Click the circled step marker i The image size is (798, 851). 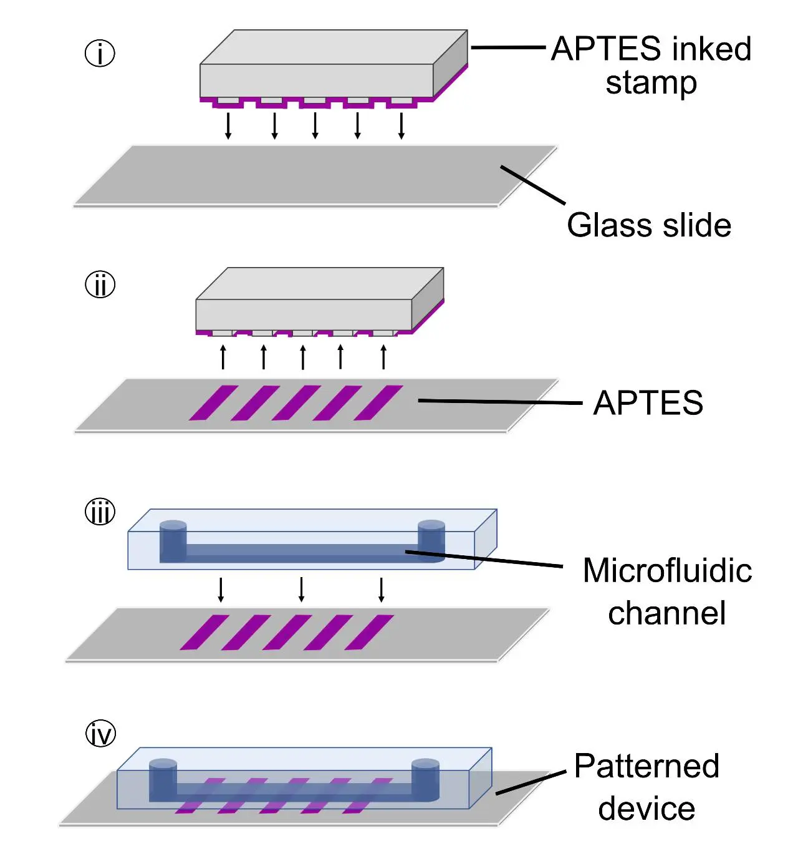click(x=100, y=53)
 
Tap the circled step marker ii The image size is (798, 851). click(x=100, y=284)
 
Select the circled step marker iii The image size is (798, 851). click(x=100, y=512)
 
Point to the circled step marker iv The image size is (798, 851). click(x=100, y=734)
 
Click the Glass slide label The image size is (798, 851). click(x=648, y=225)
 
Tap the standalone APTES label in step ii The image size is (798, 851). click(x=648, y=403)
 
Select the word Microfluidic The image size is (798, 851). click(x=667, y=570)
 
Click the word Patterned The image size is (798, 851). click(x=647, y=766)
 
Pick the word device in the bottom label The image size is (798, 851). click(x=647, y=809)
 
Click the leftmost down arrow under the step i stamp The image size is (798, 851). click(x=228, y=125)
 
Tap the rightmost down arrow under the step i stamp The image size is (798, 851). click(x=401, y=125)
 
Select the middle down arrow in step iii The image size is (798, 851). click(x=302, y=589)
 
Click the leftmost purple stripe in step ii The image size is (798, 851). click(x=213, y=403)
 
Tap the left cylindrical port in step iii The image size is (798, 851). click(x=173, y=541)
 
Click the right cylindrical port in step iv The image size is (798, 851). click(x=425, y=779)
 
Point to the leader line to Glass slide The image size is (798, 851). click(x=532, y=185)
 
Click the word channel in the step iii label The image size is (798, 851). click(x=666, y=613)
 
